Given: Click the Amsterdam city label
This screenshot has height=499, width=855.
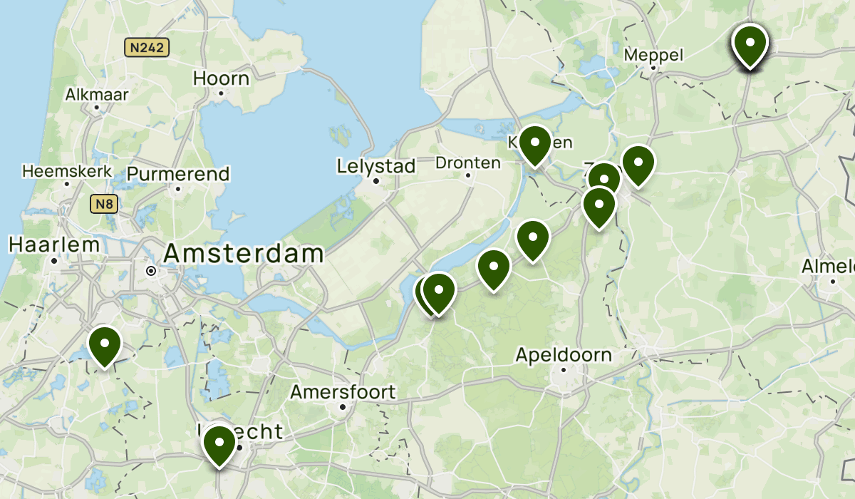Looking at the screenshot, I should click(244, 254).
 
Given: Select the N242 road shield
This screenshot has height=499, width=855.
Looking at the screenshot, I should click(147, 48).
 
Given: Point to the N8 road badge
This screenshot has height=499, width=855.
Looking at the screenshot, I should click(104, 205).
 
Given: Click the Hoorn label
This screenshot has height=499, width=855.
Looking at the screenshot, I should click(221, 78).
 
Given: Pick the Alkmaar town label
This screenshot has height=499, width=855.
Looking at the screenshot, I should click(97, 94).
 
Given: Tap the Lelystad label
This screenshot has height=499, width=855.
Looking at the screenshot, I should click(376, 167).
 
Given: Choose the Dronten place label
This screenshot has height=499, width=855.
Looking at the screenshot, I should click(468, 163).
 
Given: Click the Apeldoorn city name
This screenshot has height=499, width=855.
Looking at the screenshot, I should click(564, 354).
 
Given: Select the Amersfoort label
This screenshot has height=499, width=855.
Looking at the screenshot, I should click(343, 392).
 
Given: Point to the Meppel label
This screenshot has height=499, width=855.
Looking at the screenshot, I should click(653, 55).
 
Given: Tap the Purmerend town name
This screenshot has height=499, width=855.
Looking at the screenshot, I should click(178, 173).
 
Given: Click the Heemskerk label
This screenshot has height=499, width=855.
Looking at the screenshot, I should click(68, 171).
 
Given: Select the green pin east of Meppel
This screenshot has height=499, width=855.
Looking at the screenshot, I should click(750, 44).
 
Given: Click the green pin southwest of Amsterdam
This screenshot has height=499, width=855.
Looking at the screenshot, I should click(105, 344).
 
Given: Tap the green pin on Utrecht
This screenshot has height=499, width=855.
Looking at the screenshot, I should click(219, 444).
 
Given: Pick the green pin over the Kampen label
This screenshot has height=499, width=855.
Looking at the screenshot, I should click(534, 144).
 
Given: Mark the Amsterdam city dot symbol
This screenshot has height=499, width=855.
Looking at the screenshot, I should click(150, 271).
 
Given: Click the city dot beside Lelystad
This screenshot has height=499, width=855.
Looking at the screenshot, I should click(376, 181).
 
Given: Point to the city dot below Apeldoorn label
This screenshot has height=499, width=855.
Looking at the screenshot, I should click(563, 370).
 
